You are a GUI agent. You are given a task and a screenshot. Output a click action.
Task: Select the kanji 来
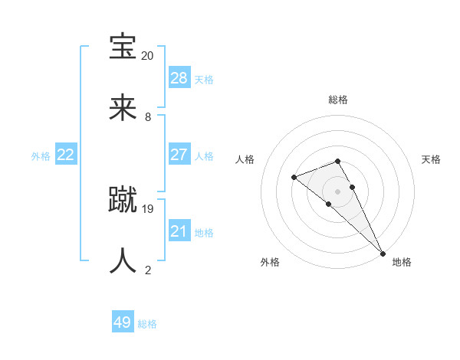coord(123,108)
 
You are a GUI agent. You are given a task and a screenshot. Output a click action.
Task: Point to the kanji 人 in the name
coord(123,260)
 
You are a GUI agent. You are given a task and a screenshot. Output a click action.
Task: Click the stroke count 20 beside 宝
coord(148,56)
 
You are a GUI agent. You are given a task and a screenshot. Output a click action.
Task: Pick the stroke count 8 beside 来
coord(148,117)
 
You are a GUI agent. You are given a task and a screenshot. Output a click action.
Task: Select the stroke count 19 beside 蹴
coord(148,208)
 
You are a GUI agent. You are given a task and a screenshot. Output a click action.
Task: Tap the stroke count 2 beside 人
coord(148,270)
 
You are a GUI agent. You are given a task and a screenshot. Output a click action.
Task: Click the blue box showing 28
coord(179,78)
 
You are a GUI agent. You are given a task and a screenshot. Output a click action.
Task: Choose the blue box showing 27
coord(179,155)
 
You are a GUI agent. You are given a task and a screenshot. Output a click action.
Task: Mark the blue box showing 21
coord(179,231)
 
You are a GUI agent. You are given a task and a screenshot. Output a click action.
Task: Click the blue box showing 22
coord(66,155)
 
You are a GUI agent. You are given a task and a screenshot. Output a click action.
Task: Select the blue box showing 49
coord(123,322)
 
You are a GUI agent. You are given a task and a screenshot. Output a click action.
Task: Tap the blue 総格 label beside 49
coord(147,324)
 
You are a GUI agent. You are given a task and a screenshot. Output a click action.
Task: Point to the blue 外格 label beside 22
coord(41,156)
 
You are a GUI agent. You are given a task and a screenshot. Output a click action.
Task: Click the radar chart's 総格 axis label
coord(337,100)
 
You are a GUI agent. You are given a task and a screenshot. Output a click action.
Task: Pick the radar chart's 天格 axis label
coord(432,159)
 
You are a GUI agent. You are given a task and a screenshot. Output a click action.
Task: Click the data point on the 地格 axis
coord(383,252)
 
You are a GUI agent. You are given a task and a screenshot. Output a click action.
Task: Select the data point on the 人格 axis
coord(294,178)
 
